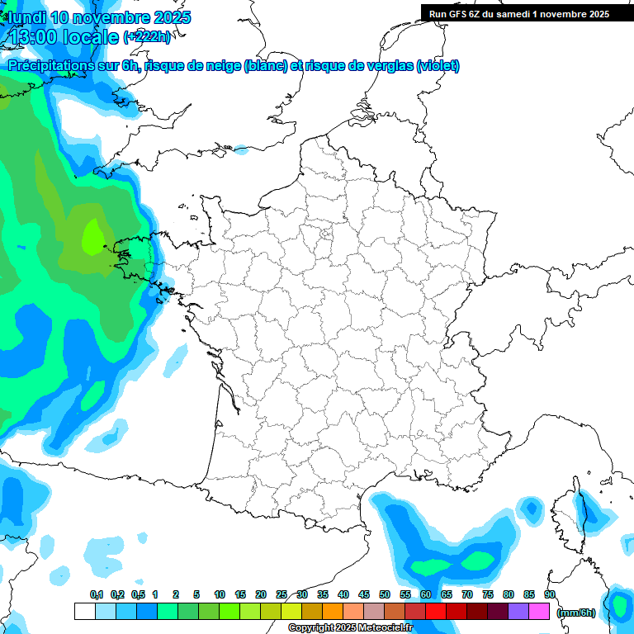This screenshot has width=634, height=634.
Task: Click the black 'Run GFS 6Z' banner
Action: pyautogui.click(x=519, y=13)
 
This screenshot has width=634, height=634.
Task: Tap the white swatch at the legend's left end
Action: pyautogui.click(x=84, y=611)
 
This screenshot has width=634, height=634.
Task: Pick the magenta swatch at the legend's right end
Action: pyautogui.click(x=539, y=611)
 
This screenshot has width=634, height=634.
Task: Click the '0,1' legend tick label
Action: pyautogui.click(x=96, y=594)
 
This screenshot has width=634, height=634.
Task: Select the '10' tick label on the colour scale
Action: pyautogui.click(x=220, y=594)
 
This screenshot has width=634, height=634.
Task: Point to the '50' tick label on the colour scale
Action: pyautogui.click(x=385, y=594)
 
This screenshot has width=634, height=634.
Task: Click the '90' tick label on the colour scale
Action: pyautogui.click(x=550, y=594)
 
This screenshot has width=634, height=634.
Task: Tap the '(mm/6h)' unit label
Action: pyautogui.click(x=576, y=613)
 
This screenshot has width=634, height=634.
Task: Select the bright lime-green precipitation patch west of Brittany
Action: pyautogui.click(x=93, y=237)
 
